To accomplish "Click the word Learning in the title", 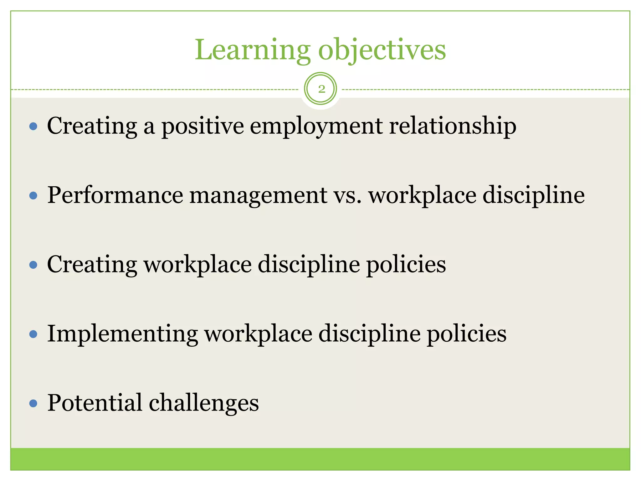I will pyautogui.click(x=252, y=50).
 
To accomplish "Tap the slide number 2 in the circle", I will pyautogui.click(x=321, y=89).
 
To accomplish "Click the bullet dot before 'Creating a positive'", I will pyautogui.click(x=33, y=127).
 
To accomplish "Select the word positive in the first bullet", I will pyautogui.click(x=203, y=126).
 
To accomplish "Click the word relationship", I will pyautogui.click(x=453, y=126).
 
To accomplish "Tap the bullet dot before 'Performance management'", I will pyautogui.click(x=33, y=196).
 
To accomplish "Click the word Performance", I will pyautogui.click(x=115, y=195).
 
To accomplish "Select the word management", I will pyautogui.click(x=258, y=195).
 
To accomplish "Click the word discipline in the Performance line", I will pyautogui.click(x=534, y=195).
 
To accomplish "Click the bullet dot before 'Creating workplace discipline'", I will pyautogui.click(x=33, y=265).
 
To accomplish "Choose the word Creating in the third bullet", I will pyautogui.click(x=92, y=265).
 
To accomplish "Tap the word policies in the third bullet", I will pyautogui.click(x=406, y=265).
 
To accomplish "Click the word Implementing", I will pyautogui.click(x=122, y=334).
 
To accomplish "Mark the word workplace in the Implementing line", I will pyautogui.click(x=258, y=334).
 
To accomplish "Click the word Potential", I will pyautogui.click(x=95, y=403).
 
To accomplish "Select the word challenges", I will pyautogui.click(x=204, y=403).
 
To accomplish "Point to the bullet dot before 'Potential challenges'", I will pyautogui.click(x=33, y=403).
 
